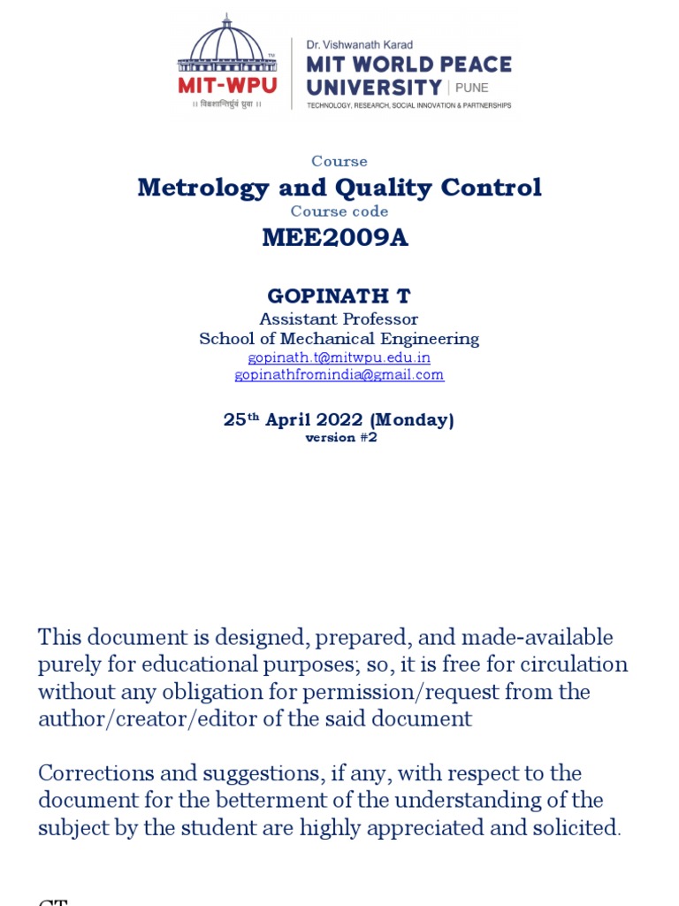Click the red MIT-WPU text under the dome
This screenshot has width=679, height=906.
227,86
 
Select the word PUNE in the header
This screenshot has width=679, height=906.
472,88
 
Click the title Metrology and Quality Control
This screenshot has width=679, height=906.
339,188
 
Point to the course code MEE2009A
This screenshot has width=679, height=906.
335,238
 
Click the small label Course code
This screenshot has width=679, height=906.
339,211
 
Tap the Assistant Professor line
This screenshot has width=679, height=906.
339,319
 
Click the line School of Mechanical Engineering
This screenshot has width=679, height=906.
339,339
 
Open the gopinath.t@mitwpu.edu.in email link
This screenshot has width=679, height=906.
339,357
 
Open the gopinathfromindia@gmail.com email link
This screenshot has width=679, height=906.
339,375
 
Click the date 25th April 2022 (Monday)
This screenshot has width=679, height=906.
339,420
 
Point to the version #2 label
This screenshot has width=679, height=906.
341,438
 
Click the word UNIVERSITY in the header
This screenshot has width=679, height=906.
374,87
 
